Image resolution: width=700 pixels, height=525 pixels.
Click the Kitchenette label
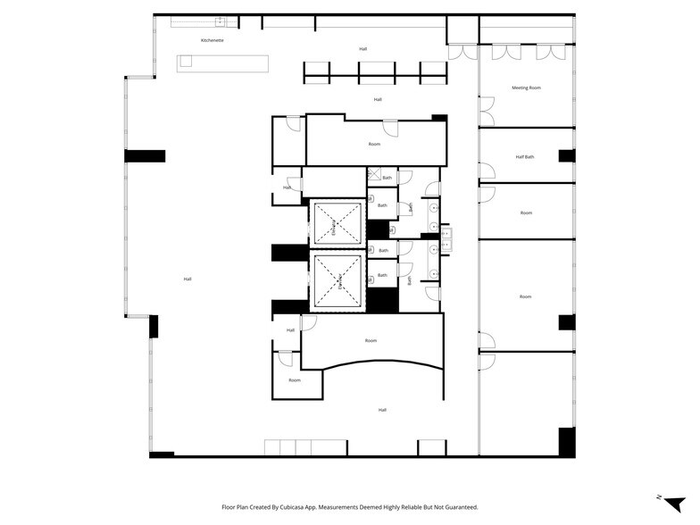coord(212,41)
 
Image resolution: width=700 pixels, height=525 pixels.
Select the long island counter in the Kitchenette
coord(222,62)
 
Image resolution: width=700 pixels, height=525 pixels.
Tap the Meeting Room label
coord(526,87)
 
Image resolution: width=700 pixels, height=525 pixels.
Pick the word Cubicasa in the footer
coord(302,506)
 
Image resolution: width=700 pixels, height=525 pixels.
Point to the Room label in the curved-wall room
coord(371,340)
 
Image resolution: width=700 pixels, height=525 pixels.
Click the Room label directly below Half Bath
coord(526,212)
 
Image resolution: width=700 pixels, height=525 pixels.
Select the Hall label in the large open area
coord(187,279)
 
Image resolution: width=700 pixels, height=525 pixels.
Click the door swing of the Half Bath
coord(487,170)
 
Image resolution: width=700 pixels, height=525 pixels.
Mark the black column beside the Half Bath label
coord(567,156)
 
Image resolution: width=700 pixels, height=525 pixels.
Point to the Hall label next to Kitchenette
coord(362,49)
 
